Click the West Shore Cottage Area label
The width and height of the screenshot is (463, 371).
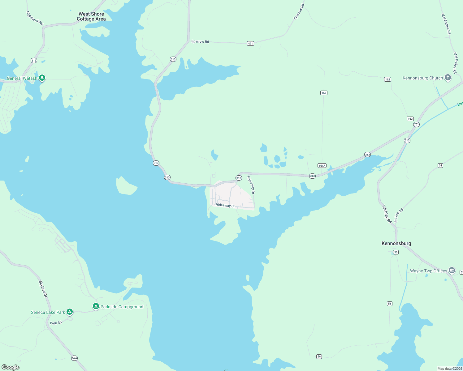point(91,16)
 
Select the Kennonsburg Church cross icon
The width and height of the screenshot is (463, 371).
point(448,78)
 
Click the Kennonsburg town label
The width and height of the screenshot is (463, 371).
point(396,243)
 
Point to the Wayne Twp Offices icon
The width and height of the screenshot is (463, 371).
point(452,271)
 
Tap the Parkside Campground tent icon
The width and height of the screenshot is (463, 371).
point(96,306)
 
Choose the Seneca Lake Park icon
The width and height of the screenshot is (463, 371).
point(70,312)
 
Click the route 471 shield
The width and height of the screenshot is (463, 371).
point(250,43)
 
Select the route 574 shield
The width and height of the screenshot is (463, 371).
point(74,358)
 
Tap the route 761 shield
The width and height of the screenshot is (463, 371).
point(416,124)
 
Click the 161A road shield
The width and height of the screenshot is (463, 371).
point(322,166)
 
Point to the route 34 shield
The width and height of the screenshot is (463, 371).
point(440,165)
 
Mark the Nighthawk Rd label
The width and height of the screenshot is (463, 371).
point(35,18)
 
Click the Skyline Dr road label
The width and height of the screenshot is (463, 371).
point(43,289)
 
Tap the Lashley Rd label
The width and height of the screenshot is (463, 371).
point(387,214)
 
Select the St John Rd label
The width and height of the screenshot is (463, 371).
point(399,215)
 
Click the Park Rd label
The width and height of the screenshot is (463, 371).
point(56,323)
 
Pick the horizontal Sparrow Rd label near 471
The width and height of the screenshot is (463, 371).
point(200,41)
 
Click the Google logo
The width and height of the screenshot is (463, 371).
point(11,367)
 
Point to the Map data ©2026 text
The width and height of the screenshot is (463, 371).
point(449,369)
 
